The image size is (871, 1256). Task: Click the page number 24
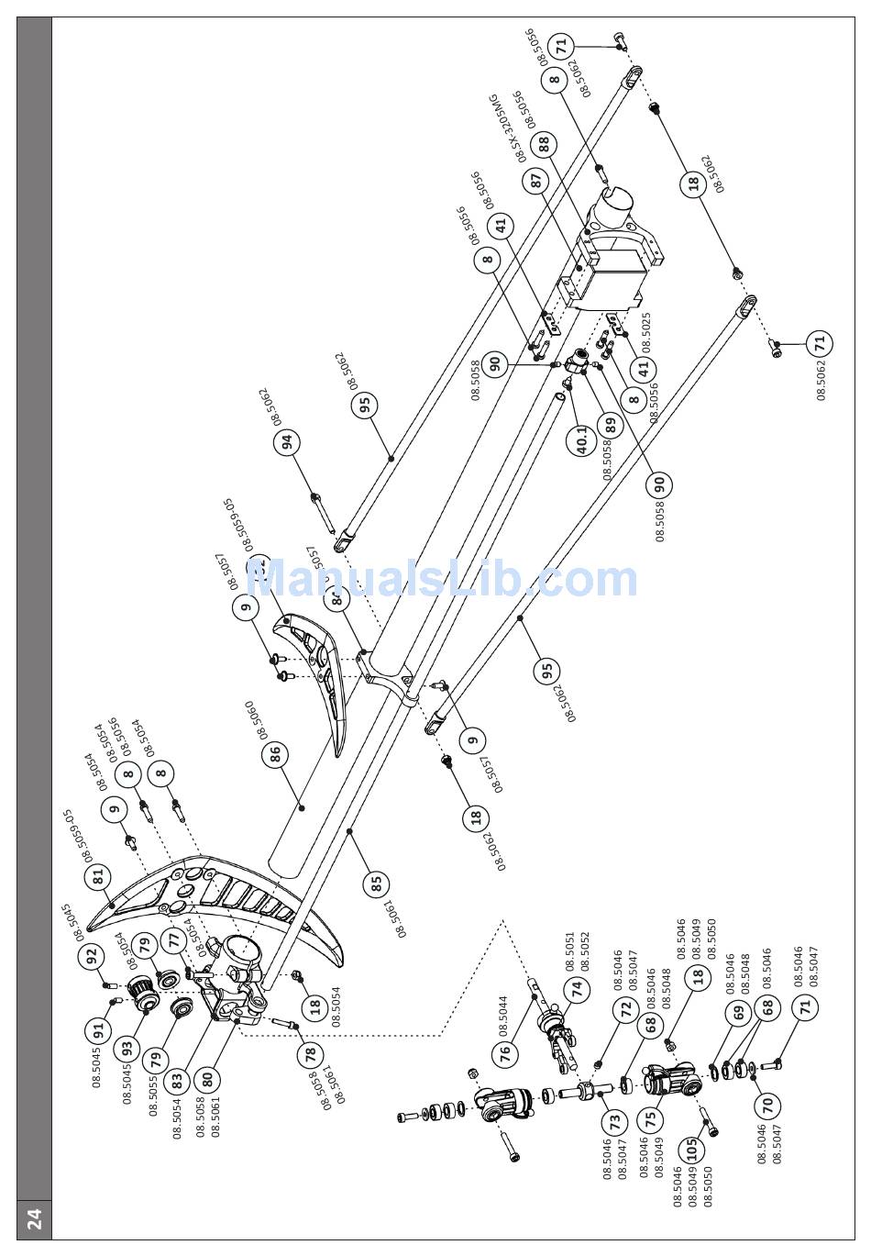coord(34,1218)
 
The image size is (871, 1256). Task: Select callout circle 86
coord(274,755)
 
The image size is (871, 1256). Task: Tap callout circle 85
coord(376,884)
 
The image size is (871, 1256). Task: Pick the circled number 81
coord(99,877)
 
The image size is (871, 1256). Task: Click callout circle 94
coord(289,442)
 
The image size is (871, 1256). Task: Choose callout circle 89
coord(610,425)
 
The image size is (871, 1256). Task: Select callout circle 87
coord(536,181)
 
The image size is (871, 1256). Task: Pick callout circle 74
coord(577,989)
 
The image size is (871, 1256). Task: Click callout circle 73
coord(613,1121)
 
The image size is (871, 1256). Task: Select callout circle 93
coord(127,1046)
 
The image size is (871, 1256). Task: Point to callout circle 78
coord(310,1053)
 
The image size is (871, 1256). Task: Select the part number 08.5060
coord(249,722)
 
